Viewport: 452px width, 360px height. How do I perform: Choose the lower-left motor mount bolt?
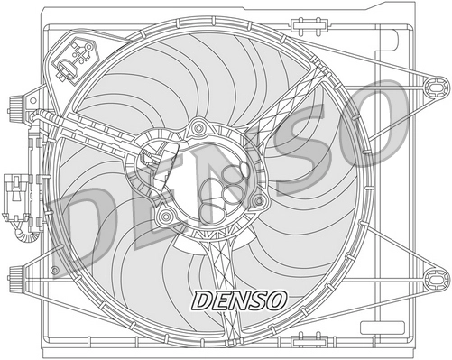[x=167, y=217]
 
